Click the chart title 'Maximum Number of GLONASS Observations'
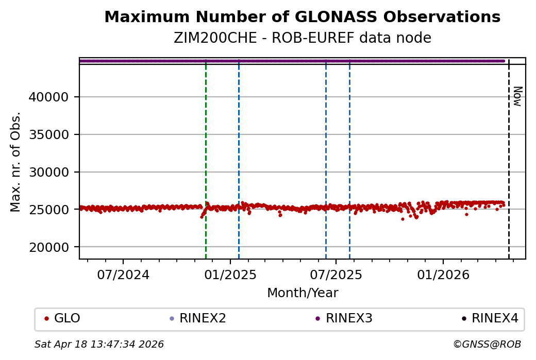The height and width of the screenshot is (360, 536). [302, 18]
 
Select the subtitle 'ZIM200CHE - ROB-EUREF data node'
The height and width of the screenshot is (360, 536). [302, 38]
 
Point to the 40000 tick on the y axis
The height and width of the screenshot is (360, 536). [54, 97]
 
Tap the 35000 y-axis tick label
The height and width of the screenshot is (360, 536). [54, 134]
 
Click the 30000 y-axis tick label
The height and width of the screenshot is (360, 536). [54, 172]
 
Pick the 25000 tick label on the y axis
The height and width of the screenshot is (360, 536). [54, 210]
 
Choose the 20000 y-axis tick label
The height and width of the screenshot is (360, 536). [54, 247]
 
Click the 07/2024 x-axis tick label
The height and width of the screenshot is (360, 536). [123, 275]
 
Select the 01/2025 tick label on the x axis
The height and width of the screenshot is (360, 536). [230, 275]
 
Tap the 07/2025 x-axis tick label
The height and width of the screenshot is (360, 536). [336, 275]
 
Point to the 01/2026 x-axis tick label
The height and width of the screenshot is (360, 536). [443, 275]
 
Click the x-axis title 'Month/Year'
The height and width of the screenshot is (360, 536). [303, 293]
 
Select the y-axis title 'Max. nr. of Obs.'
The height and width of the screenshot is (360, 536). [16, 162]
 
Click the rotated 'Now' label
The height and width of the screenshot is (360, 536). [517, 96]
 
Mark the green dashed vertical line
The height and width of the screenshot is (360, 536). [206, 155]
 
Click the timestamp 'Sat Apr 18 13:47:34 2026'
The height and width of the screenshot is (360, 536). [99, 344]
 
